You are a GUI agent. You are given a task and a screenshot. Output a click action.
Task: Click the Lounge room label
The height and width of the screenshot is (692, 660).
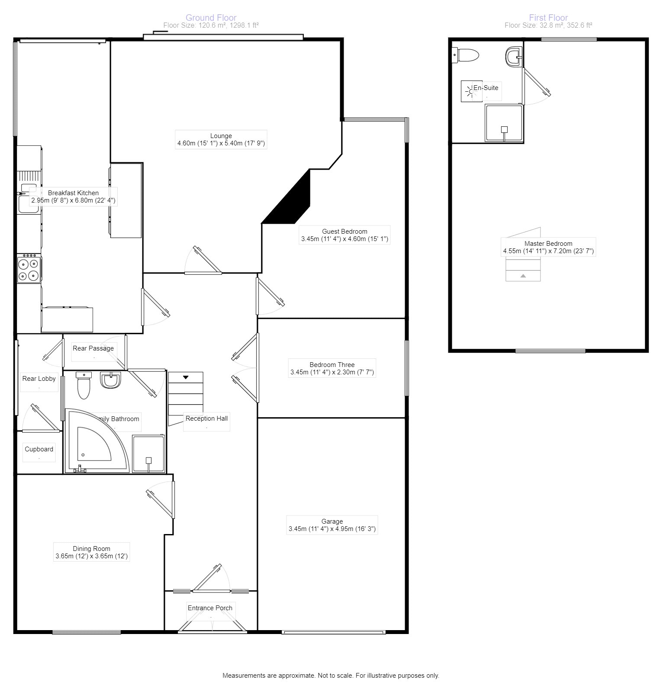point(221,136)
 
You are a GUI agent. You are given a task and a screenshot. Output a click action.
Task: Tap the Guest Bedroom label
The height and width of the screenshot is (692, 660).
point(344,232)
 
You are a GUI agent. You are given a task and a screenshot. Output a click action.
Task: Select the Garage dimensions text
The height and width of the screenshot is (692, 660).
point(332,529)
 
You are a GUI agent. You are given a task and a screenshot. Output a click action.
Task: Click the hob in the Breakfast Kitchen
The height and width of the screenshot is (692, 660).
point(29,269)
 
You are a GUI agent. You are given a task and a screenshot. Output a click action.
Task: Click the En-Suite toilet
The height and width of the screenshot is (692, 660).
point(466,55)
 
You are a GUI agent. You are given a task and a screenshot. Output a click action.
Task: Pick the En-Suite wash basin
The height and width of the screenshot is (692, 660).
point(514,56)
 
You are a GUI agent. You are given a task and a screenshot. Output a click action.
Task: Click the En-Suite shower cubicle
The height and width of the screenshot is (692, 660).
point(504,123)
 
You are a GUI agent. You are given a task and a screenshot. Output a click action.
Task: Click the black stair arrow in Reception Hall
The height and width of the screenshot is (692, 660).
point(186,377)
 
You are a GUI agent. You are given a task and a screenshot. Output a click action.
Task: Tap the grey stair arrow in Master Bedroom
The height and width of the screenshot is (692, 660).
point(523,276)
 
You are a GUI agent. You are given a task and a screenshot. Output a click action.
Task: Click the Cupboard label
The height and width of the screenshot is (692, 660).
point(39,449)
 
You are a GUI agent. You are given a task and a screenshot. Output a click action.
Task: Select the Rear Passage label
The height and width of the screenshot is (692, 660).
point(93,348)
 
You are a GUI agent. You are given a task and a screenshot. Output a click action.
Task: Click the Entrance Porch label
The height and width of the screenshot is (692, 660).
point(210,608)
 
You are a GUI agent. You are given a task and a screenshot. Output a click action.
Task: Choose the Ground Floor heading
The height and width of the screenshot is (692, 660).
point(211,18)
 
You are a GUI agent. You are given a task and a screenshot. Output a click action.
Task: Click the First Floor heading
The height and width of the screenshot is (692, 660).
point(548,18)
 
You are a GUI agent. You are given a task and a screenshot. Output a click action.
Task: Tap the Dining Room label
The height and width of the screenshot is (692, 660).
point(92,549)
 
